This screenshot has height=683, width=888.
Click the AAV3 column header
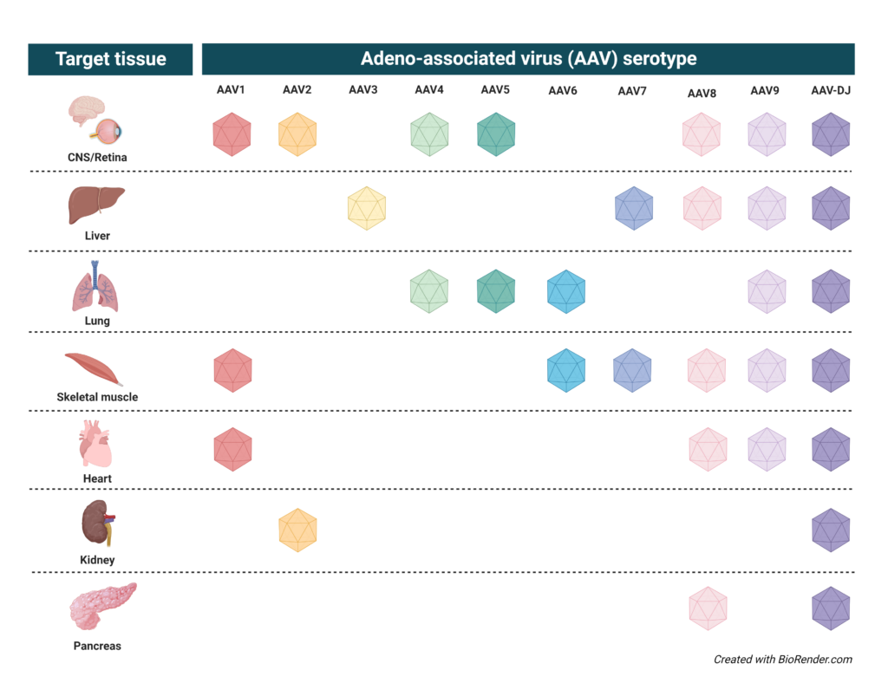point(363,89)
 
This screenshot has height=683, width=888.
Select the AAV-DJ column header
point(830,90)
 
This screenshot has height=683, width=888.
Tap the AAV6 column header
point(563,90)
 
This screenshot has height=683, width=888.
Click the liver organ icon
point(95,206)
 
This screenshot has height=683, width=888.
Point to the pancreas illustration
point(101,606)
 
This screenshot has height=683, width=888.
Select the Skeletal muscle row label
point(97,397)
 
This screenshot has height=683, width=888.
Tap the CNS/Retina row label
point(96,156)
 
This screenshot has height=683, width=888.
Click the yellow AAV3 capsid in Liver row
point(366,208)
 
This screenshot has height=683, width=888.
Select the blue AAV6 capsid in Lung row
point(566,291)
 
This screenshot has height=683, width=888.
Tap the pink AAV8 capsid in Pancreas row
point(708,608)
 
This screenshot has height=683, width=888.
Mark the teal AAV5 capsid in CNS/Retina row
point(496,134)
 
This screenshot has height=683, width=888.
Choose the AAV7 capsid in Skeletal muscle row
point(633,370)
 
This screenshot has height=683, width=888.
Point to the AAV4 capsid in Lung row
point(429,291)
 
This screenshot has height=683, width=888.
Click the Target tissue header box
point(110,60)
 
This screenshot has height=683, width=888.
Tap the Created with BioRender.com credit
point(783,660)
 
